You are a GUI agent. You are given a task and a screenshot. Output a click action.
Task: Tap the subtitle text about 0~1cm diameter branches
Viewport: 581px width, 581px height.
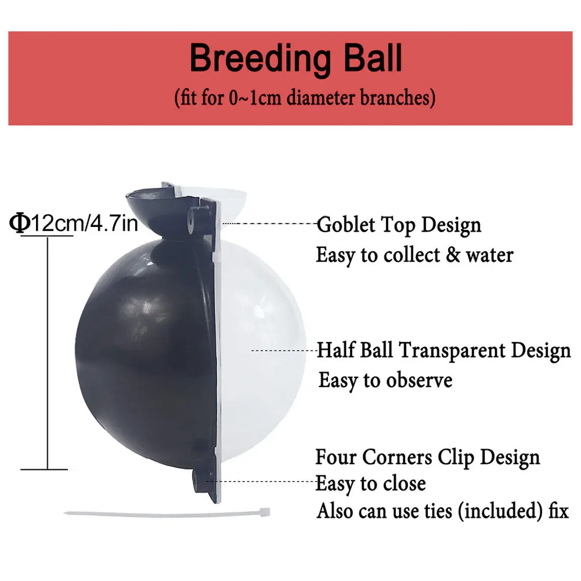305,97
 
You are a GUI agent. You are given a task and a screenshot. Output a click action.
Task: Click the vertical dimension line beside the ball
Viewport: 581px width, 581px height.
46,348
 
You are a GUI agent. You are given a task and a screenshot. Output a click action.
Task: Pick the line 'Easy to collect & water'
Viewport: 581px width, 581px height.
414,255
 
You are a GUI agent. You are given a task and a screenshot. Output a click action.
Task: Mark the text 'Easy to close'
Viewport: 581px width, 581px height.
370,483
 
